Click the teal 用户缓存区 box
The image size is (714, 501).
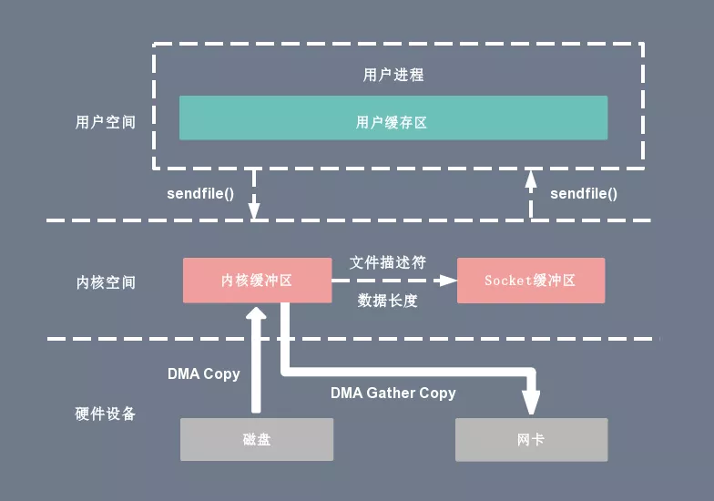(393, 118)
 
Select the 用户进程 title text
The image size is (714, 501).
(393, 75)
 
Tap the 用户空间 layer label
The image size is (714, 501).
(105, 122)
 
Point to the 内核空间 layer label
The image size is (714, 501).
(105, 282)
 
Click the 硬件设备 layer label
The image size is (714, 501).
(105, 414)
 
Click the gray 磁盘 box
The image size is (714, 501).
(257, 439)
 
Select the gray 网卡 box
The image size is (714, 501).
(530, 439)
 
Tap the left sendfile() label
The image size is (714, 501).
(200, 193)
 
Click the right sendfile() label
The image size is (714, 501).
(584, 193)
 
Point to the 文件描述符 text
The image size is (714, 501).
(388, 262)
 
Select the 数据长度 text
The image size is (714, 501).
(388, 301)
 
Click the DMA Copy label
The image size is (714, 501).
(203, 373)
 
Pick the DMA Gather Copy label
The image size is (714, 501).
(393, 393)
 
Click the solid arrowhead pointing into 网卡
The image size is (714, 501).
(530, 404)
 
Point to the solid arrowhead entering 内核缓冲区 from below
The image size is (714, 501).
(256, 314)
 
